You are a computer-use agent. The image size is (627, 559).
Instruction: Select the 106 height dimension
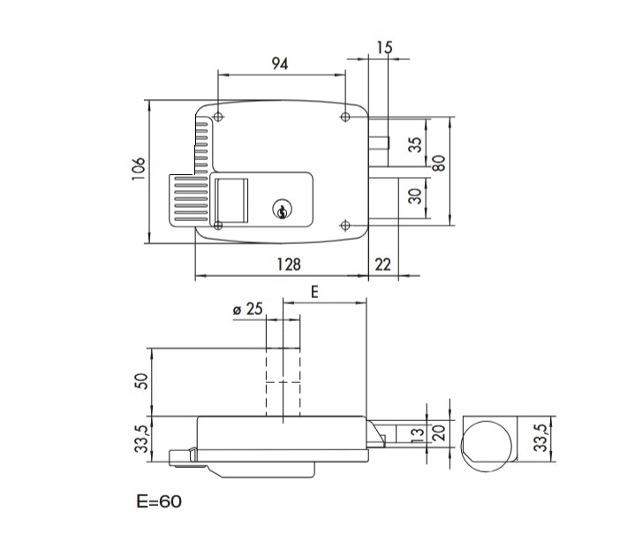coord(138,169)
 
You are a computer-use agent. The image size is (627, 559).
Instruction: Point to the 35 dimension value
coord(415,144)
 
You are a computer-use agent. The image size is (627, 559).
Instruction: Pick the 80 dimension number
coord(439,164)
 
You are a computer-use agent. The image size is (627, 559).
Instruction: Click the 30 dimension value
coord(415,195)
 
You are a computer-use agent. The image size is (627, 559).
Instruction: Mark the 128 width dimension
coord(289,264)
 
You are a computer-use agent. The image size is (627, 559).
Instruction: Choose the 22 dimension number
coord(382,264)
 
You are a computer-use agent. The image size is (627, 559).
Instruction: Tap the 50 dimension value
coord(139,382)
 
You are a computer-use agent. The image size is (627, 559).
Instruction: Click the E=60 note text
coord(159,502)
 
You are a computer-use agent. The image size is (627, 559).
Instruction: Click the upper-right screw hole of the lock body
coord(345,117)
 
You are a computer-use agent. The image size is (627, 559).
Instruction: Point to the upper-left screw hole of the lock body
coord(217,117)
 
